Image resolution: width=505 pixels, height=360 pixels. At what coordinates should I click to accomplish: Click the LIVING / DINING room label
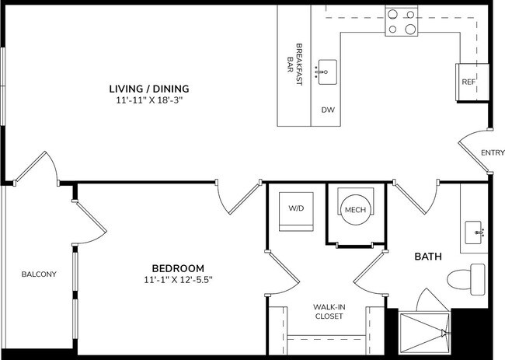point(148,89)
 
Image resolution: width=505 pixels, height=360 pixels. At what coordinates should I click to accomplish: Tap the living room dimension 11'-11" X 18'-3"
point(148,100)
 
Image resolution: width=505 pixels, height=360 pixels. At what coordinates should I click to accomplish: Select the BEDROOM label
point(178,267)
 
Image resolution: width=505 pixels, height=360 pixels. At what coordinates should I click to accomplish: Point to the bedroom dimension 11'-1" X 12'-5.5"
point(178,279)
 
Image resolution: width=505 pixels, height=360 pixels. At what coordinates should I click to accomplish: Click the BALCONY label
point(38,274)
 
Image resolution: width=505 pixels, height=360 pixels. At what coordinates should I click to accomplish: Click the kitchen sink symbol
point(326,72)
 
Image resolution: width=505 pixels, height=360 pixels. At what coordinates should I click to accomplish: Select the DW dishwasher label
point(327,110)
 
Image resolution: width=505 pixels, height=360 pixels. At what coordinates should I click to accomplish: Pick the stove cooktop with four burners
point(402,21)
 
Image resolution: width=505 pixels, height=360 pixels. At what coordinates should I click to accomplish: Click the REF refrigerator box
point(468,82)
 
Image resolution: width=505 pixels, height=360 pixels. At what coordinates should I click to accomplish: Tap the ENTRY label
point(493,152)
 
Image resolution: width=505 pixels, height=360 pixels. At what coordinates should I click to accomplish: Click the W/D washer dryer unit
point(296,209)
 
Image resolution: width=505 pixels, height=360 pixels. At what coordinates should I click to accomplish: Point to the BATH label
point(427,256)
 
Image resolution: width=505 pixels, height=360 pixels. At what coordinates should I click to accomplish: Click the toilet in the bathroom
point(469,276)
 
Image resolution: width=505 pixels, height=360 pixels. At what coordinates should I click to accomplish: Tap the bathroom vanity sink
point(475,231)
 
